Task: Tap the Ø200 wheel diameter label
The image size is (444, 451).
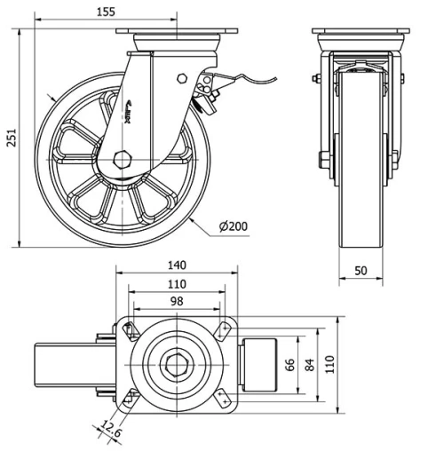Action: (233, 227)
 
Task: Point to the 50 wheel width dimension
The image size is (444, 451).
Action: (361, 270)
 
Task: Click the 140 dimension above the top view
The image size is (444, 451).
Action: (177, 265)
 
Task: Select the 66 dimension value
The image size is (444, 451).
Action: (289, 364)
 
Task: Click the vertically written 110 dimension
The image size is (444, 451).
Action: (329, 364)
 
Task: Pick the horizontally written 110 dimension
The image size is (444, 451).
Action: (177, 284)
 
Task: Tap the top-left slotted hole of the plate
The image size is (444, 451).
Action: (131, 330)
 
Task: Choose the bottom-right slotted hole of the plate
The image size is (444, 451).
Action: (221, 399)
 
